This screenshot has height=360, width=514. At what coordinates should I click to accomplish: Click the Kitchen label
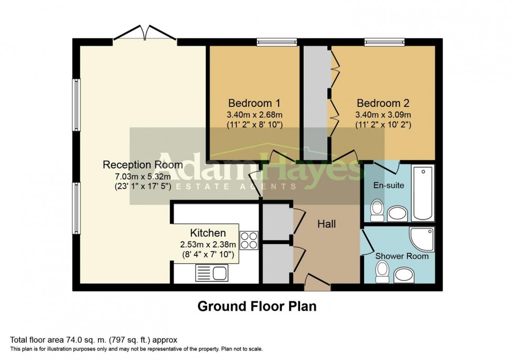click(208, 233)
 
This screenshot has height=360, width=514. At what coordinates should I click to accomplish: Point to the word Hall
click(326, 224)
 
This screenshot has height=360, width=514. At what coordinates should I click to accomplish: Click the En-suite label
click(386, 185)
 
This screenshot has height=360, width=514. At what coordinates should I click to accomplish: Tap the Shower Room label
click(402, 256)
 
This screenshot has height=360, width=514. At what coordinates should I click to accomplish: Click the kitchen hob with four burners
click(249, 240)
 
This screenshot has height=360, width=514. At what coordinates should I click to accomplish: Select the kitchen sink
click(211, 272)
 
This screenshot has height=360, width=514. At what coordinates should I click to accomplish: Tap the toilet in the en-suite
click(377, 210)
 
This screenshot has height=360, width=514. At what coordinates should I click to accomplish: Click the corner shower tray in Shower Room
click(423, 239)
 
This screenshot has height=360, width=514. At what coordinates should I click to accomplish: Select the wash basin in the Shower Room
click(404, 274)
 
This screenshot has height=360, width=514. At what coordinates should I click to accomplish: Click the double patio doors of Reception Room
click(144, 34)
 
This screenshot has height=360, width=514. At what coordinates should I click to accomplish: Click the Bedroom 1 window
click(276, 41)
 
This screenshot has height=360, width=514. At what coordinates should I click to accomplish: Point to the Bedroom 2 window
click(384, 41)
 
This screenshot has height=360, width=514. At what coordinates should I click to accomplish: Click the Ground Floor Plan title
click(256, 306)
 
